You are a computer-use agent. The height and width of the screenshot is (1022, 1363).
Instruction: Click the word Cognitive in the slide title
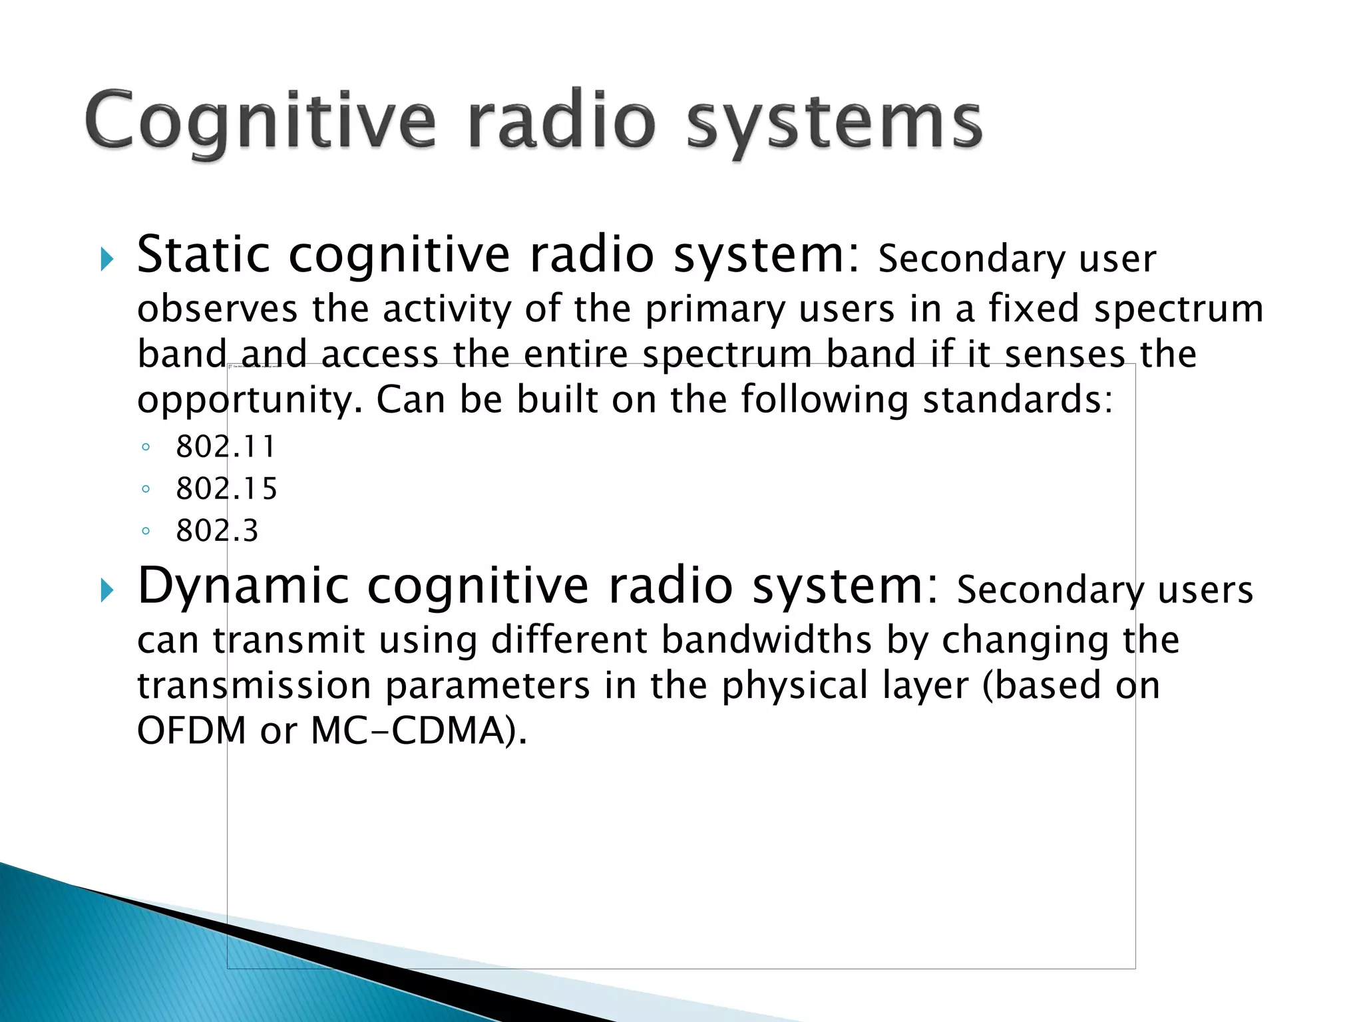[x=260, y=122]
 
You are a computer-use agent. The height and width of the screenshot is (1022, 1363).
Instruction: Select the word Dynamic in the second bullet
[x=242, y=586]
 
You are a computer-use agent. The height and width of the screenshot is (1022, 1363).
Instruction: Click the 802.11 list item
[x=226, y=446]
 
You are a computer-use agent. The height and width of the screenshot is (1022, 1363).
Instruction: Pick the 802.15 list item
[x=226, y=489]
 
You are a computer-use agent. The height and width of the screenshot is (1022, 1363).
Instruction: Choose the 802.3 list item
[x=217, y=531]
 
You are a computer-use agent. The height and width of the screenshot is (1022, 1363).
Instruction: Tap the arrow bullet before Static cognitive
[x=106, y=259]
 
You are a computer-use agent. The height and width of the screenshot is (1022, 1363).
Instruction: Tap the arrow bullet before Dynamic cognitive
[x=106, y=590]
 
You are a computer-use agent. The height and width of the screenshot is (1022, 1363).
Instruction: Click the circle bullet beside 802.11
[x=146, y=447]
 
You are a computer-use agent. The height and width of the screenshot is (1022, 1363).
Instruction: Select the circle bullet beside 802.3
[x=146, y=532]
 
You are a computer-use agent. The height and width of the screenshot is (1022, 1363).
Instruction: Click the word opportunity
[x=250, y=401]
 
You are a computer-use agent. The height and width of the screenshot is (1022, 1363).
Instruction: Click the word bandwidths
[x=766, y=641]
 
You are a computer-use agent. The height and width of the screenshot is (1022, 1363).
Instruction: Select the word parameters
[x=487, y=686]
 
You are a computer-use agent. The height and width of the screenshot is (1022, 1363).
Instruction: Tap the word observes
[x=217, y=310]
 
